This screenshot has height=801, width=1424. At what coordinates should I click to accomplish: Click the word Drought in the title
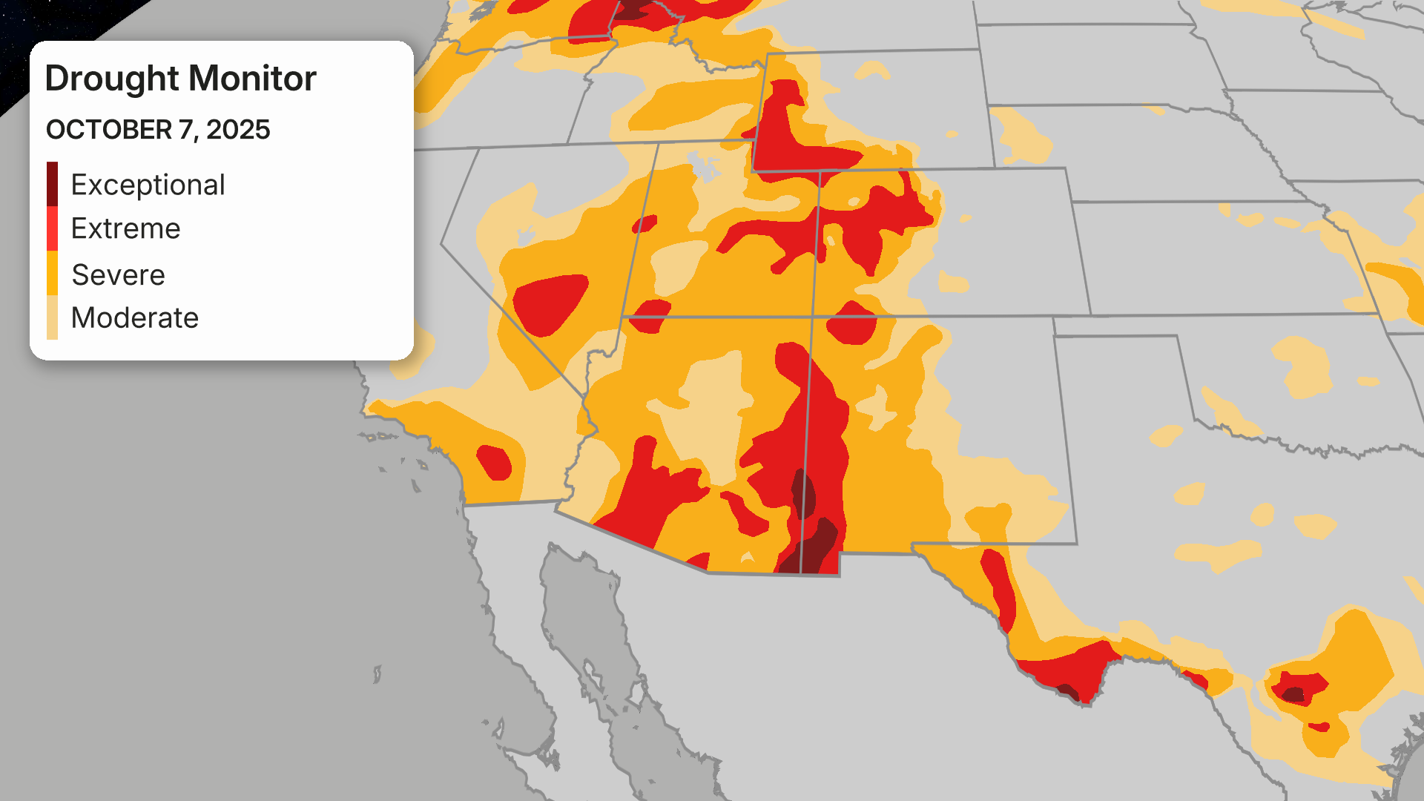coord(112,79)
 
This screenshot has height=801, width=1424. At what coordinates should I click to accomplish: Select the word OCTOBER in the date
coord(109,130)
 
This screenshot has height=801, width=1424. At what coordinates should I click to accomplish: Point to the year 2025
coord(238,130)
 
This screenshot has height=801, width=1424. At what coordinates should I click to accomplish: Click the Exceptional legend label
coord(148,185)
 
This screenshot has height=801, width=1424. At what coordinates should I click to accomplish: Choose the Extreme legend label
coord(125,228)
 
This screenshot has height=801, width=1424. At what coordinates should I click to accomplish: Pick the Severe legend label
coord(118,275)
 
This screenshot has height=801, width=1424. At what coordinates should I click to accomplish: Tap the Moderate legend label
coord(134,318)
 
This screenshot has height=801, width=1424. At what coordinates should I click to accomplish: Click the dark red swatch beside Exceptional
coord(52,184)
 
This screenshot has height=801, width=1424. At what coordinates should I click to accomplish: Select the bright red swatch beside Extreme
coord(52,228)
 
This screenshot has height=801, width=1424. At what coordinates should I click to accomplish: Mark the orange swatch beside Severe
coord(52,274)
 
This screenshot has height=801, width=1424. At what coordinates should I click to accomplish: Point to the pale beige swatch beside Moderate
coord(52,317)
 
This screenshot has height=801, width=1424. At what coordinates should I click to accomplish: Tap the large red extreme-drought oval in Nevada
coord(549,303)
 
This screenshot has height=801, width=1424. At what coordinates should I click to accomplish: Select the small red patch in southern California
coord(494,462)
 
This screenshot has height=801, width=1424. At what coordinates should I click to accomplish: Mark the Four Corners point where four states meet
coord(813,317)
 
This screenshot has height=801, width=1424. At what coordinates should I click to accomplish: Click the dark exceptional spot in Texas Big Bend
coord(1069,692)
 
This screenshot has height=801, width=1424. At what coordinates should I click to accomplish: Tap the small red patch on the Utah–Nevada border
coord(644,223)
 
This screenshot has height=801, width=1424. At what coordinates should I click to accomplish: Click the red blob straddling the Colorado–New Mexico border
coord(851,322)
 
